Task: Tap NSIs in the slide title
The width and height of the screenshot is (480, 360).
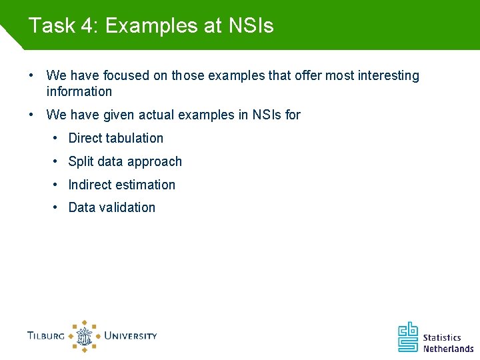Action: (251, 25)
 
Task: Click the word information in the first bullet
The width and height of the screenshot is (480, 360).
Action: (79, 91)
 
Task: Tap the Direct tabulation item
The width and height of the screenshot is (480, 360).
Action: (115, 138)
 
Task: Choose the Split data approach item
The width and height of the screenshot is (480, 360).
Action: (125, 161)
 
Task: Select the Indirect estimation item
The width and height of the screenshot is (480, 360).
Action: (121, 185)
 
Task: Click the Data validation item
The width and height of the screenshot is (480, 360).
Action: (111, 207)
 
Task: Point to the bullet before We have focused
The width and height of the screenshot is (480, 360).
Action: (31, 75)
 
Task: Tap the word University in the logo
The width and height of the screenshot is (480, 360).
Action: (131, 335)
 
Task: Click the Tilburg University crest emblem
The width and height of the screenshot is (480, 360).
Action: (85, 335)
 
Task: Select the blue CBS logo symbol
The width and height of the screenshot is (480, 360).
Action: (408, 337)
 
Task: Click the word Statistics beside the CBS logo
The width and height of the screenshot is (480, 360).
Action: (442, 338)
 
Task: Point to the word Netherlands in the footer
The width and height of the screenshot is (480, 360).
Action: (448, 349)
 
